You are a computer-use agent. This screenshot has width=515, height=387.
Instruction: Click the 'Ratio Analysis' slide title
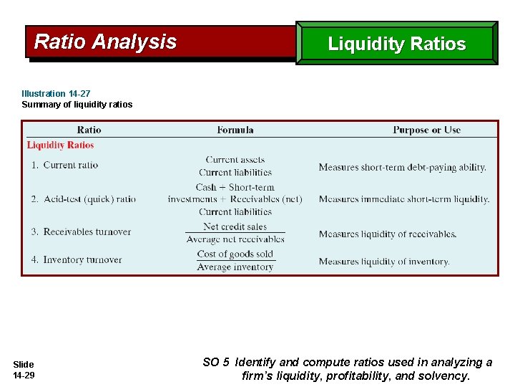pos(105,42)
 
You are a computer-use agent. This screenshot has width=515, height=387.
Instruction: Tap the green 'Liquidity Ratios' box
pos(396,44)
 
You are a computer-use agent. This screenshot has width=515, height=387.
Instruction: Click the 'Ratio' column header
pos(89,130)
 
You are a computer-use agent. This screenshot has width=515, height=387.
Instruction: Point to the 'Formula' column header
pos(235,130)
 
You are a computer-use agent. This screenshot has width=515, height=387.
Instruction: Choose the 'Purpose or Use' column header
pos(426,130)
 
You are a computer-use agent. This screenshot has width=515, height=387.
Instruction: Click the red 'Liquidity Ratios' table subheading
pos(60,145)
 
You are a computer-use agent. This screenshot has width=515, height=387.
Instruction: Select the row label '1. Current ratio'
pos(64,165)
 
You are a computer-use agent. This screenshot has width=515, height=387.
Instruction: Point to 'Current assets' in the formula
pos(235,160)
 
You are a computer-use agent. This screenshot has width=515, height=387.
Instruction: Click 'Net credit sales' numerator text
pos(235,226)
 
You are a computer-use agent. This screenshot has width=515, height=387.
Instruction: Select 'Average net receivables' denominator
pos(235,239)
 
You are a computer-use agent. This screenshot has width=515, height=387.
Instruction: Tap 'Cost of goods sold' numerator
pos(235,254)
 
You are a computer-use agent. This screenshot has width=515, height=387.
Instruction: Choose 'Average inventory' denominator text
pos(235,267)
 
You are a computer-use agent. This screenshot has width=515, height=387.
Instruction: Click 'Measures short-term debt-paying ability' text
pos(402,167)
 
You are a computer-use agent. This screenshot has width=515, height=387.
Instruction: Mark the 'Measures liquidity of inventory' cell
pos(384,262)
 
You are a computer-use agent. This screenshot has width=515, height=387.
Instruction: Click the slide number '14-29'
pos(24,376)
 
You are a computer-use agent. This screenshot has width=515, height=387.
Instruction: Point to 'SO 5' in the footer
pos(216,363)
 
